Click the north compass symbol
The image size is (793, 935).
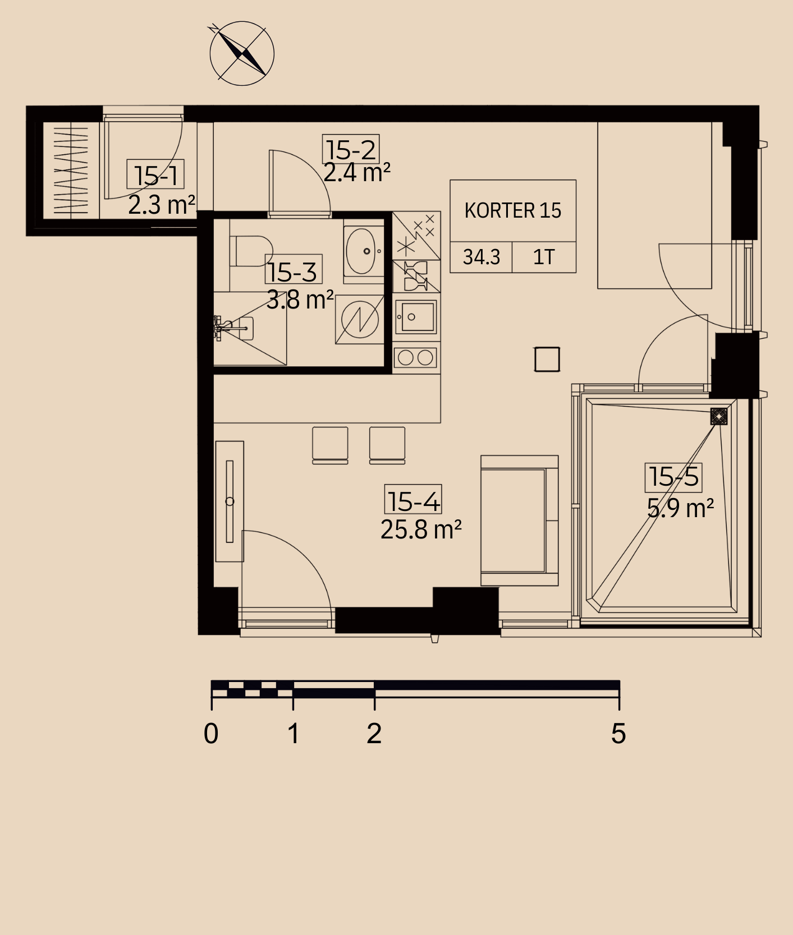click(242, 54)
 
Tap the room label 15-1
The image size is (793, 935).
click(155, 176)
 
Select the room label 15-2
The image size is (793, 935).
click(351, 150)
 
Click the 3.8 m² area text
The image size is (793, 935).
click(300, 300)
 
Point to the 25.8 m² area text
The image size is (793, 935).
click(421, 529)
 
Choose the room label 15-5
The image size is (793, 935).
click(673, 477)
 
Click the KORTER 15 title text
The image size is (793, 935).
click(513, 211)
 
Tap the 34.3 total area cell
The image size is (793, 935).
click(481, 257)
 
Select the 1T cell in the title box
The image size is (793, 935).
click(544, 257)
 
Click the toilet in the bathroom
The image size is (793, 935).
click(251, 251)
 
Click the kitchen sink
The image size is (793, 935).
click(416, 317)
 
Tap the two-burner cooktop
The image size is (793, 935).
click(416, 357)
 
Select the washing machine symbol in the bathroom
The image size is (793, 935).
click(360, 320)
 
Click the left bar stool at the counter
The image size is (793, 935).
click(330, 445)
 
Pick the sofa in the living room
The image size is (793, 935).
click(519, 521)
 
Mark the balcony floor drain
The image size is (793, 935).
click(719, 416)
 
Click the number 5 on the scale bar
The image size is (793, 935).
click(618, 734)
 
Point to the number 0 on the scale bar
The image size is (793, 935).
click(211, 734)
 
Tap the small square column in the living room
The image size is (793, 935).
click(547, 360)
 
